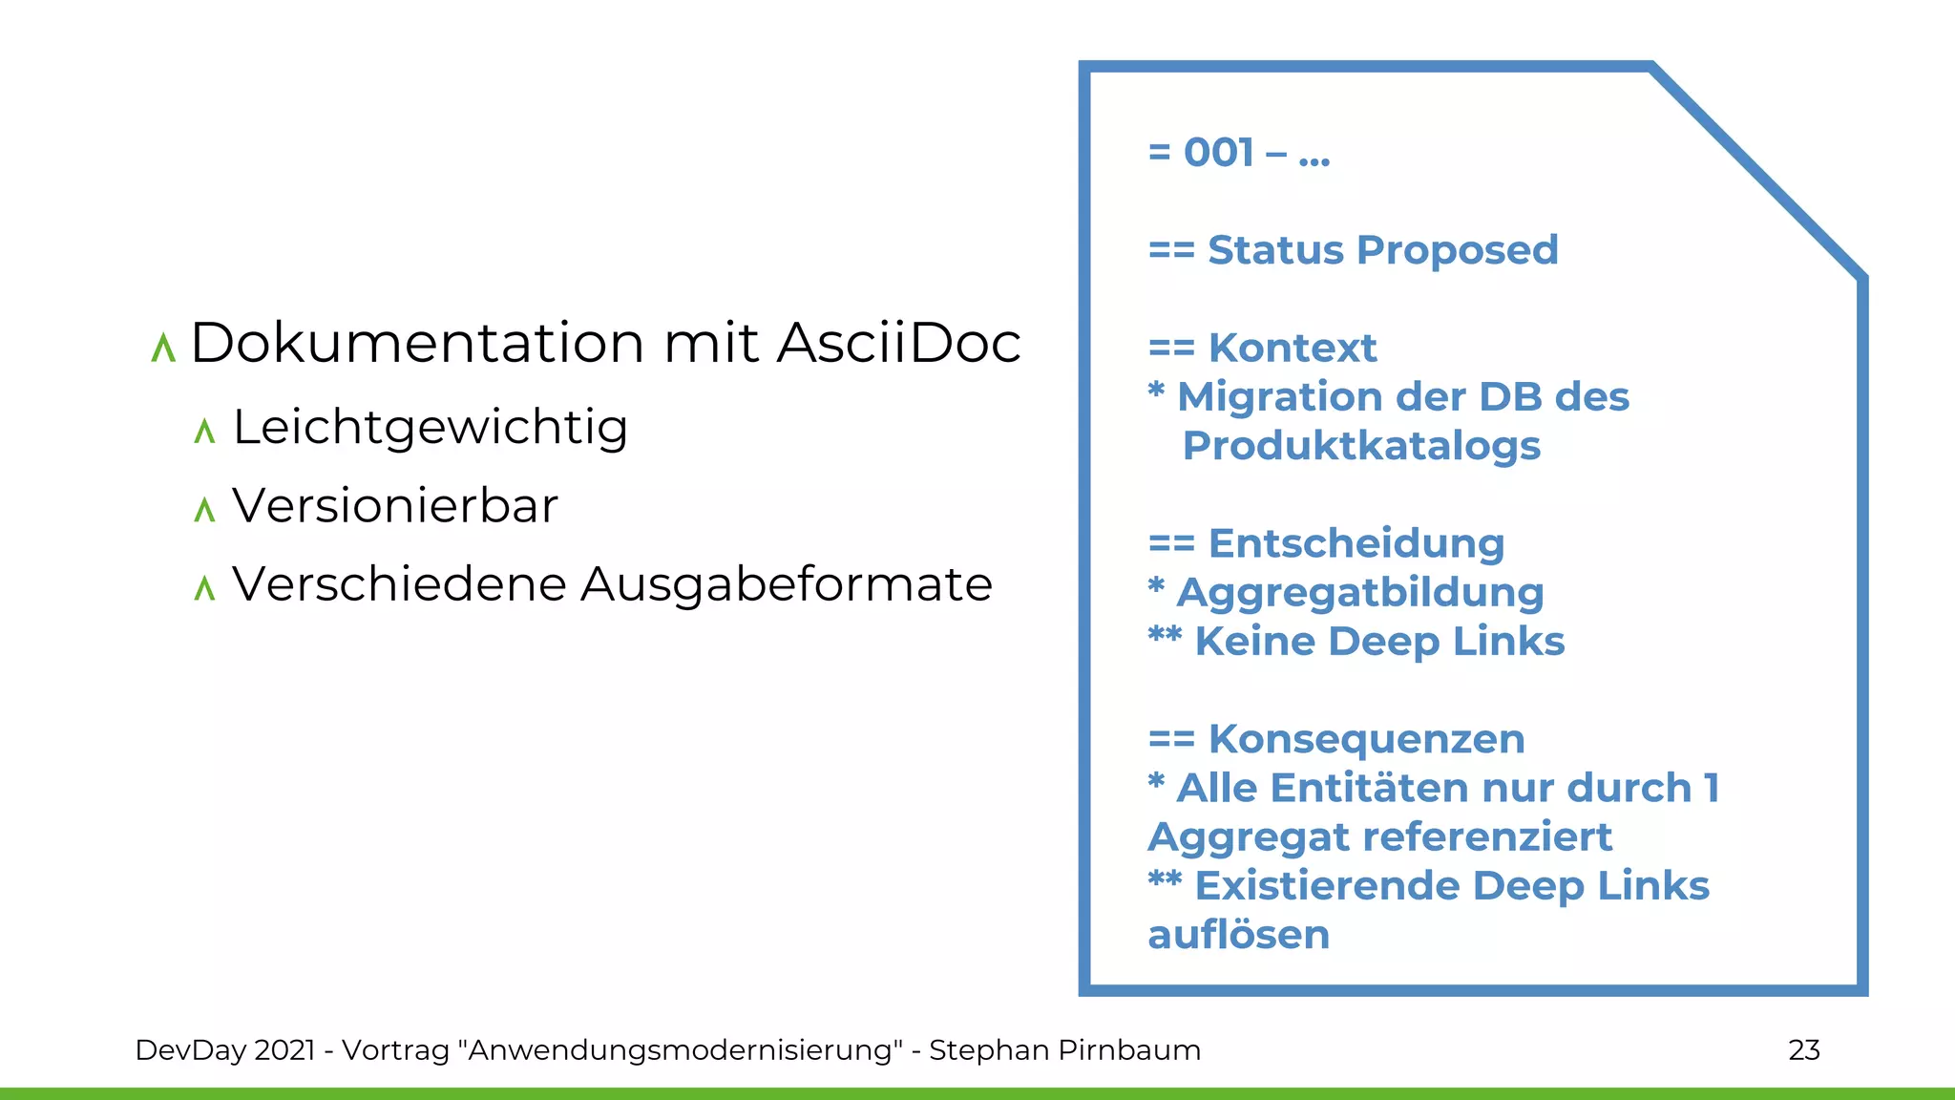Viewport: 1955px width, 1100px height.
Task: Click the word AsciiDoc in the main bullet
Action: tap(898, 343)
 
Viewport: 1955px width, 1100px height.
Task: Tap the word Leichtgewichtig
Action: tap(431, 427)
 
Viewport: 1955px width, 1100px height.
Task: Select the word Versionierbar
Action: tap(395, 506)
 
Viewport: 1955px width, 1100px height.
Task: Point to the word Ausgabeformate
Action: tap(786, 584)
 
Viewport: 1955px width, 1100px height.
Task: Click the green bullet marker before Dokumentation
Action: tap(163, 348)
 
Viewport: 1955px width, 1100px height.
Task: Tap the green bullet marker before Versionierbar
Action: tap(204, 510)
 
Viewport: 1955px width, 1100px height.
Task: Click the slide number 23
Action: tap(1803, 1050)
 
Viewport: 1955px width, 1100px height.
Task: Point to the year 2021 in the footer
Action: tap(284, 1050)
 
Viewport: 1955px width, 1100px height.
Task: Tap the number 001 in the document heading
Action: tap(1218, 153)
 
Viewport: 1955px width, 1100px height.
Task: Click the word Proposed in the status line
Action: tap(1457, 250)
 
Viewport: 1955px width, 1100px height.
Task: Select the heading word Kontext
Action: tap(1293, 349)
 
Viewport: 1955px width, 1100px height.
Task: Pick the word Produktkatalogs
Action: tap(1361, 446)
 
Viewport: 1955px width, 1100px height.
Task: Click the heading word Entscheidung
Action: tap(1356, 544)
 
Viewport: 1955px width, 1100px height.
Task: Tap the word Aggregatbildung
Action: tap(1360, 593)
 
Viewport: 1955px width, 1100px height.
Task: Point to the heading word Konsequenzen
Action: tap(1366, 740)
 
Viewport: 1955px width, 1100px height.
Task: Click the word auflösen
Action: tap(1238, 935)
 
